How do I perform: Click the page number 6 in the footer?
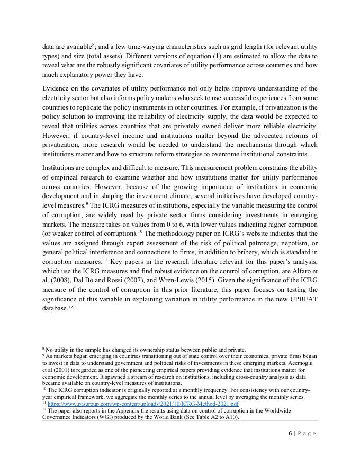291,433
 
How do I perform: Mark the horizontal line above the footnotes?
85,343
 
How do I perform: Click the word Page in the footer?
307,433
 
